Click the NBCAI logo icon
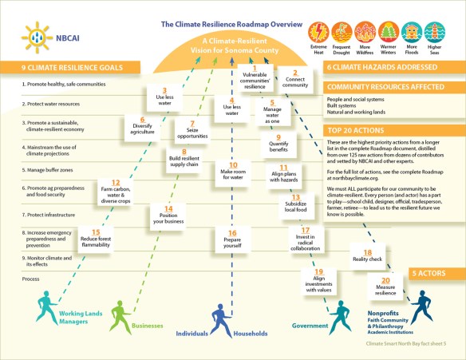point(33,38)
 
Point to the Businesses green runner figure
point(117,314)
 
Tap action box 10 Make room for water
point(233,193)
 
